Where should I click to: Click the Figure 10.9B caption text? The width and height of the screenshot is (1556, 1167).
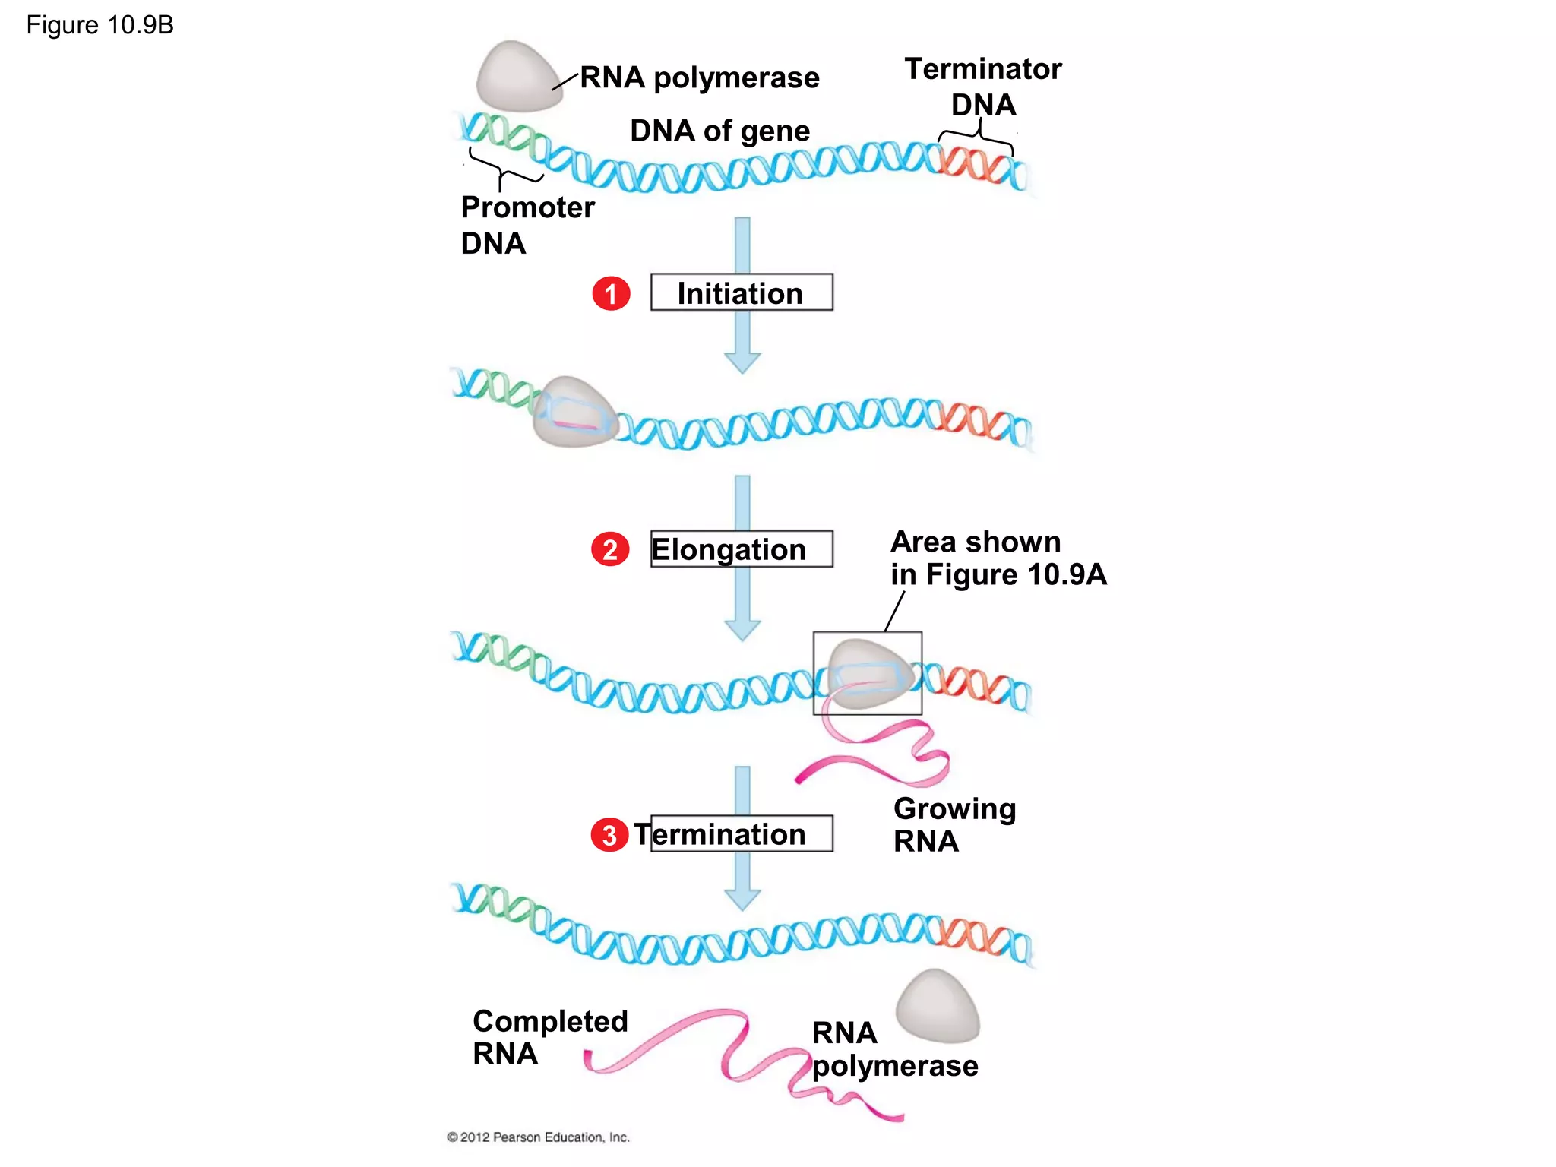tap(100, 25)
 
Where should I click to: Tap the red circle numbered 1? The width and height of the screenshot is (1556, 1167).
tap(611, 293)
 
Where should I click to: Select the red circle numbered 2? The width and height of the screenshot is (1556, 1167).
tap(610, 549)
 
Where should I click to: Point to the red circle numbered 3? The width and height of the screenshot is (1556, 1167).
tap(609, 835)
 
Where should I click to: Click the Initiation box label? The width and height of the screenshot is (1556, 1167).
tap(741, 293)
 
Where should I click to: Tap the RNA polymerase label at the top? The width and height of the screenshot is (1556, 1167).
tap(699, 77)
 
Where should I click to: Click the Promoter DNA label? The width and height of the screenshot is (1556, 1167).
tap(527, 225)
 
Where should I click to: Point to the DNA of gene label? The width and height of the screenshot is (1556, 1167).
tap(719, 131)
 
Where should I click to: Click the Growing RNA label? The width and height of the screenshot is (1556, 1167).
tap(954, 824)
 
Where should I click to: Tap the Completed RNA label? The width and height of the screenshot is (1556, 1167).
tap(549, 1036)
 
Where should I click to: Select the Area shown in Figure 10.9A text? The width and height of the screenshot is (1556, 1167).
tap(998, 558)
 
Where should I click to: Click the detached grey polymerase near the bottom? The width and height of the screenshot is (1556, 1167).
tap(938, 1007)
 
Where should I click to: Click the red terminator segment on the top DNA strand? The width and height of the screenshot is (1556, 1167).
tap(976, 163)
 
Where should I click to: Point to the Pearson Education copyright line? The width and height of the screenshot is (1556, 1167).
tap(538, 1137)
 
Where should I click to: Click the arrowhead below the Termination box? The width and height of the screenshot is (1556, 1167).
tap(742, 900)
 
